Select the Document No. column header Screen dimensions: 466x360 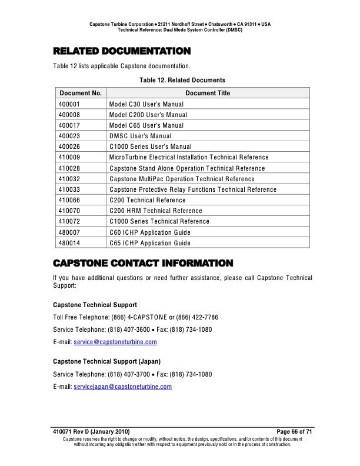click(81, 93)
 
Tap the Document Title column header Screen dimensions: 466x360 click(208, 93)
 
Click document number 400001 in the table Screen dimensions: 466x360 click(70, 104)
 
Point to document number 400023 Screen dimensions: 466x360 click(70, 136)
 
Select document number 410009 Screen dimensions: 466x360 click(70, 157)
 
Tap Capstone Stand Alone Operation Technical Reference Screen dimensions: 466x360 click(187, 168)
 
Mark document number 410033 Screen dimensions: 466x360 click(70, 189)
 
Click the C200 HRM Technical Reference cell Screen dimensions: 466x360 click(155, 211)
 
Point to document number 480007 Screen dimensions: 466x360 click(70, 232)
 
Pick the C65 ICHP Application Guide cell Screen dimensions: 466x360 click(150, 243)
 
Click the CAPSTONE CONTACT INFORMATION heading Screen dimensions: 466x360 click(143, 262)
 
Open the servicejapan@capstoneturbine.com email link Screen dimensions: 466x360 click(122, 387)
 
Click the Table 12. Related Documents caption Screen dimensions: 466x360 click(182, 79)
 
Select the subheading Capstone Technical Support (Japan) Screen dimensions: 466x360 click(107, 361)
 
